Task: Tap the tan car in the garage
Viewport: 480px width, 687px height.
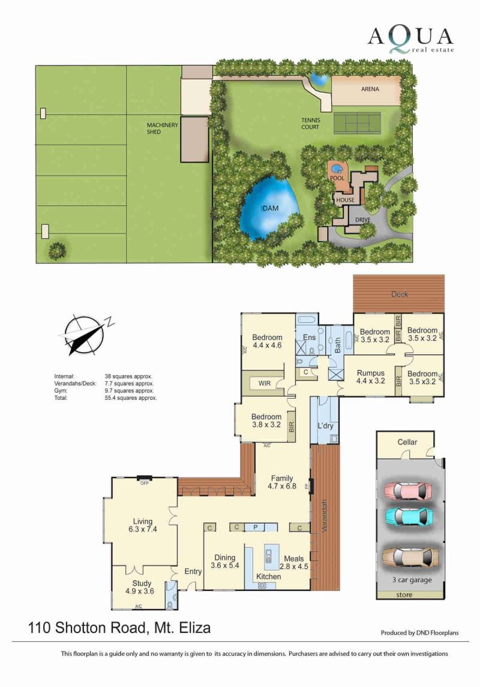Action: point(410,558)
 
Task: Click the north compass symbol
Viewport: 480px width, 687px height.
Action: point(85,335)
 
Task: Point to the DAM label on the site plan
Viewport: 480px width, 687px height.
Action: point(271,208)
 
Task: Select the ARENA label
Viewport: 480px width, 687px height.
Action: point(370,89)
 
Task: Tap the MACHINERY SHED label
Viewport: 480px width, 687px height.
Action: point(163,128)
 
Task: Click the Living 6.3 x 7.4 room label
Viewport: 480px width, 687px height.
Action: point(143,525)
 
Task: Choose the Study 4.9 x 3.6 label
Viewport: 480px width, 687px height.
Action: point(140,587)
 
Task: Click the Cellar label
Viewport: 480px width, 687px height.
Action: point(407,442)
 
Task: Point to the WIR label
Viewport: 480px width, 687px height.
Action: point(264,383)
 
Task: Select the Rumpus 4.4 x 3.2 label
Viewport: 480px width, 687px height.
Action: point(371,377)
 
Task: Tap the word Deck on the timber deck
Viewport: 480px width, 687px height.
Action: point(400,294)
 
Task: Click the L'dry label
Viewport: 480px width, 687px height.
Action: point(325,425)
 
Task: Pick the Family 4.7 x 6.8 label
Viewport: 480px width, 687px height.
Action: point(282,482)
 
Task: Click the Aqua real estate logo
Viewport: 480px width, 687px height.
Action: point(410,40)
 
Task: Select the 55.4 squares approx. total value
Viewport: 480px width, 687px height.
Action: point(130,398)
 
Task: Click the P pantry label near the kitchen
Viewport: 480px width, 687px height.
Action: point(256,527)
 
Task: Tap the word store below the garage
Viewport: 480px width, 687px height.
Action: point(404,595)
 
